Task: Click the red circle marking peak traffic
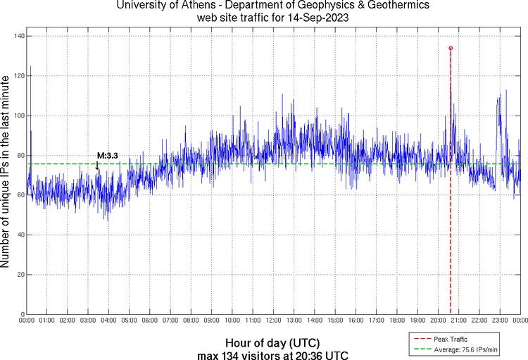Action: [451, 48]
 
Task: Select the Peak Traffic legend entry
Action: [450, 339]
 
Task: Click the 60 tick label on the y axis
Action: [20, 195]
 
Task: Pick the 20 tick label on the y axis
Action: [20, 275]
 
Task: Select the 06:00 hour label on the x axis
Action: [150, 321]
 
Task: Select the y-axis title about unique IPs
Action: [7, 173]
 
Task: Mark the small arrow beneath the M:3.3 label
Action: [97, 166]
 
